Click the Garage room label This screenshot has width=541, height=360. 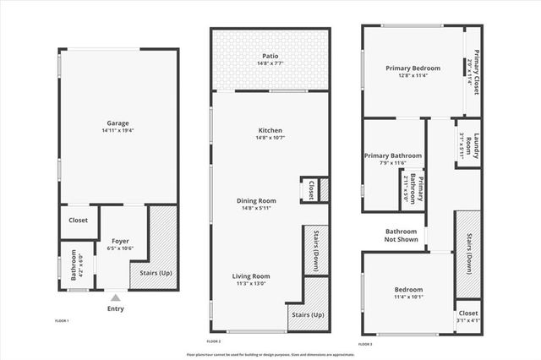[x=117, y=123]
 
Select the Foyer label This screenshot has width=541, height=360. [x=119, y=242]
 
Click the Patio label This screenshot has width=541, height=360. [x=270, y=56]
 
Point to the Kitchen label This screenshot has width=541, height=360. [x=270, y=130]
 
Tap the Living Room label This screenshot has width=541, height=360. [x=251, y=276]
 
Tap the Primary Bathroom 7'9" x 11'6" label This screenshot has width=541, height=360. [x=390, y=155]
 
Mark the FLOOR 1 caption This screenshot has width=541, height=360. [x=62, y=321]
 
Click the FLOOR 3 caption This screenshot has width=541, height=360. [x=365, y=344]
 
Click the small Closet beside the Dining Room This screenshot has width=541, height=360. [x=310, y=190]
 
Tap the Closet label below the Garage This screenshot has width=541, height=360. [x=78, y=221]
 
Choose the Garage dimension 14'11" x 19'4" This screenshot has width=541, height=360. [x=117, y=131]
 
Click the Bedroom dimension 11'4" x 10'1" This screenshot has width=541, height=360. [x=407, y=296]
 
